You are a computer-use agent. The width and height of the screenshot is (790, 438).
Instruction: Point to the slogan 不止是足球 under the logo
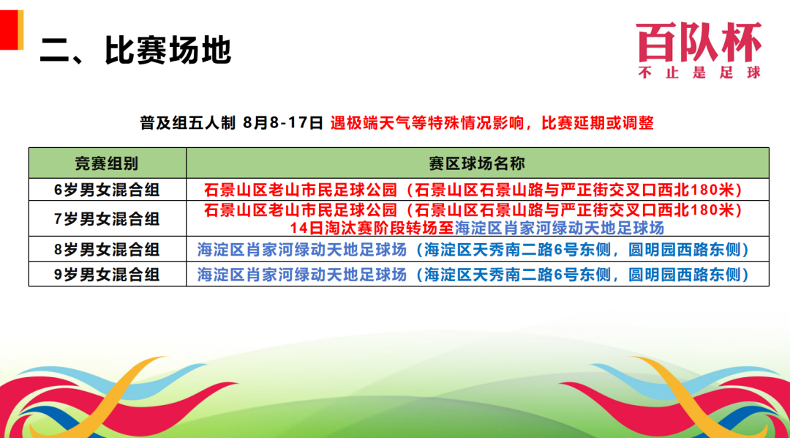coord(699,73)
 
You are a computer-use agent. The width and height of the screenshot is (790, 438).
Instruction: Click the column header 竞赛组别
coord(108,163)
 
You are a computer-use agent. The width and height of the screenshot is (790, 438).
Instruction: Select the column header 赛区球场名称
coord(478,163)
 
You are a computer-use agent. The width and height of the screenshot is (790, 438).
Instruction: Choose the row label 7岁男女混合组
coord(107,218)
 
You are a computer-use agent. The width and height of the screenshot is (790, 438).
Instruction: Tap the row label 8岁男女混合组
coord(107,249)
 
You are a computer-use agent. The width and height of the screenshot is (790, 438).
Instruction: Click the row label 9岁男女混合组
coord(107,274)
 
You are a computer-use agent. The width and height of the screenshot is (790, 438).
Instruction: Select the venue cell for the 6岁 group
coord(477,189)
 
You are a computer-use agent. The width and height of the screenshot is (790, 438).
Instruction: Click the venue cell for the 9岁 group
coord(477,274)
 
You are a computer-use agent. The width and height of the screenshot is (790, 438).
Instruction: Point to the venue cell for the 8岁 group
coord(477,249)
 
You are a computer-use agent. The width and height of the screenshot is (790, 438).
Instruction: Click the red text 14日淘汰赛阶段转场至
coord(372,228)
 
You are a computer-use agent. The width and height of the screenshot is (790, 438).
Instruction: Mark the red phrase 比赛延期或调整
coord(598,122)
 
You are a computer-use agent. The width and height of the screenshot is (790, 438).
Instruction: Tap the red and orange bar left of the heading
coord(12,30)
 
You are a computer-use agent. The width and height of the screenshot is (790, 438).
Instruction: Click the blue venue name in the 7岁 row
coord(560,228)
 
